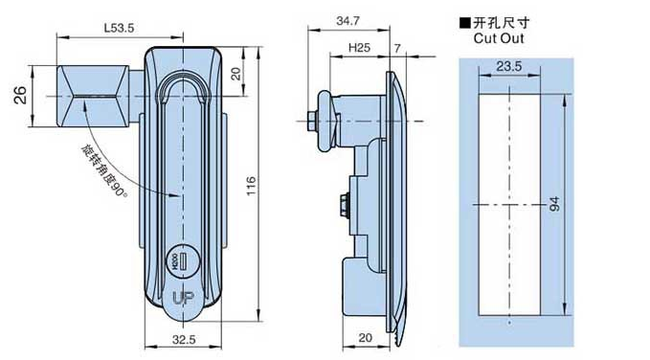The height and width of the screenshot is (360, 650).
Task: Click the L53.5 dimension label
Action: click(119, 28)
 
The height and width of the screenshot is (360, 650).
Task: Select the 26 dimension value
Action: click(20, 96)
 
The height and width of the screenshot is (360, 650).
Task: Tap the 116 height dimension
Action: click(251, 186)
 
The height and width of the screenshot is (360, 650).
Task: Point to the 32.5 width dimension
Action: click(184, 340)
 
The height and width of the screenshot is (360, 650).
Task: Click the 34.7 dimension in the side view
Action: click(347, 21)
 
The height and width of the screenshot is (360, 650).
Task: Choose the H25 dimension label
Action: click(359, 48)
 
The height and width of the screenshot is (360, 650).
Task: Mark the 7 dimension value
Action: click(397, 49)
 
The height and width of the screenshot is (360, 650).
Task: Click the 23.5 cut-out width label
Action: click(509, 66)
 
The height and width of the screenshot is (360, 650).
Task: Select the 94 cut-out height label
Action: click(554, 204)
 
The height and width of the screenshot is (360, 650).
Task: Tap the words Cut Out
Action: click(499, 38)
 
